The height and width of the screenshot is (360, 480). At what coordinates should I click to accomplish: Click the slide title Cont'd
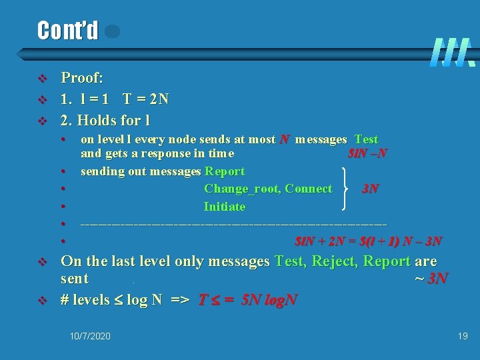[67, 30]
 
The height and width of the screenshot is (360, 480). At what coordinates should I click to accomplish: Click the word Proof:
[82, 78]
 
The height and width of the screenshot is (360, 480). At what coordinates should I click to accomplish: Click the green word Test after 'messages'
[367, 139]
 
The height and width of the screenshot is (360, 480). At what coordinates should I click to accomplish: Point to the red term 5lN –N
[369, 154]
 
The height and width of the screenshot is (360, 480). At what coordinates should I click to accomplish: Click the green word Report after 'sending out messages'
[225, 171]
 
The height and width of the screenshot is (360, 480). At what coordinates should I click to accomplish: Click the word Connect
[308, 189]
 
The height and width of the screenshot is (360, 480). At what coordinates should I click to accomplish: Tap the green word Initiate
[225, 207]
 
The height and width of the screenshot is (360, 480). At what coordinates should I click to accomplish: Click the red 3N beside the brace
[371, 189]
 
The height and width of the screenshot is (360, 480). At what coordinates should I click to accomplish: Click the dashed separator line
[233, 223]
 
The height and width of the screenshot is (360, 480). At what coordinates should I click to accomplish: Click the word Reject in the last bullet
[327, 261]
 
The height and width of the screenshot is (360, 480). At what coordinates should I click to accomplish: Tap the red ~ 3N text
[430, 278]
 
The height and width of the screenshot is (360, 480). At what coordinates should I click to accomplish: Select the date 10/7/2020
[90, 336]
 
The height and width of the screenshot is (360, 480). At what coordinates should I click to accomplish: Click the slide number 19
[463, 336]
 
